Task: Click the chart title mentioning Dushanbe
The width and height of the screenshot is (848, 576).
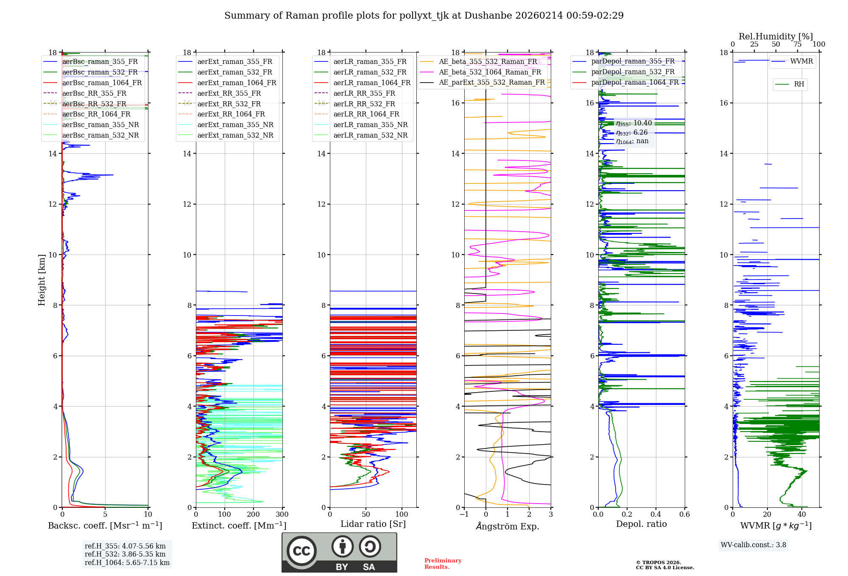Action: click(x=424, y=16)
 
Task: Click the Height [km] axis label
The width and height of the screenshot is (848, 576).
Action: click(x=42, y=280)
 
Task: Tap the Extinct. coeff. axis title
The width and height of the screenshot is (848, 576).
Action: click(x=239, y=526)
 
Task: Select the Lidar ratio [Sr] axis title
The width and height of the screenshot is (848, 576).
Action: click(x=373, y=524)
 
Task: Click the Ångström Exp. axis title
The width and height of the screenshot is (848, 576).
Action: click(x=508, y=526)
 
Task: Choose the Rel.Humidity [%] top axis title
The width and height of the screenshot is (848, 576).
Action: click(x=775, y=36)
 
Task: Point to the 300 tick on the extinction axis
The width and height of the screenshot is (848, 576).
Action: click(x=282, y=515)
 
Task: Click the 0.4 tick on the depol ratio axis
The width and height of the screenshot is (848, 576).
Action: click(x=656, y=515)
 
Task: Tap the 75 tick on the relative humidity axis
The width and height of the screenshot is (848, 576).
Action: click(x=797, y=44)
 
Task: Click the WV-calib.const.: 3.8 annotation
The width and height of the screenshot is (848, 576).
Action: click(x=753, y=545)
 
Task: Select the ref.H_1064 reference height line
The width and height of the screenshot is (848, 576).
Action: click(x=127, y=563)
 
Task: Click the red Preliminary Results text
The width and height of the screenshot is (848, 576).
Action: click(x=443, y=564)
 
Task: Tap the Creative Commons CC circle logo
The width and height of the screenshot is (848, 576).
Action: click(x=301, y=551)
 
